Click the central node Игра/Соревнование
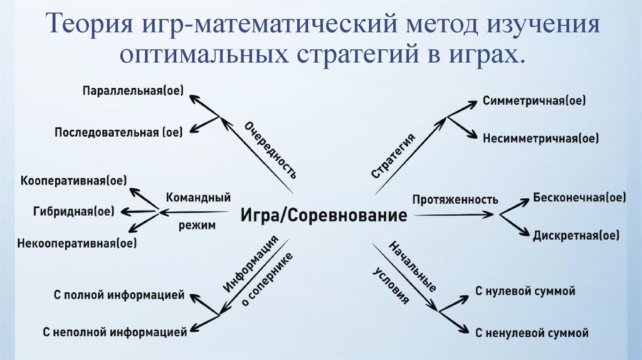(x=323, y=216)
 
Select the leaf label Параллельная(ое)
(x=132, y=91)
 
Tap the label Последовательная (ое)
(x=118, y=132)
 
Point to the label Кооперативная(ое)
(x=73, y=181)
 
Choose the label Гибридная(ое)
(x=73, y=211)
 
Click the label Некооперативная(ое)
(x=77, y=242)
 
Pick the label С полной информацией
(x=118, y=295)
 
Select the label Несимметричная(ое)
(x=540, y=138)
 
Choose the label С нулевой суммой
(x=525, y=291)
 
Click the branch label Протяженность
(x=455, y=200)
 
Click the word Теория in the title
(x=87, y=26)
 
